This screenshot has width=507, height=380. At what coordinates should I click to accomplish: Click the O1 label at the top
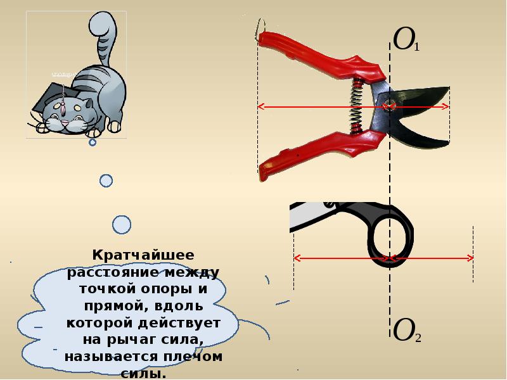[x=406, y=40]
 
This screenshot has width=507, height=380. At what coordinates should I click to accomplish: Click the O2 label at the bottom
[x=407, y=330]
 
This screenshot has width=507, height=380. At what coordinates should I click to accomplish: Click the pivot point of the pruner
[x=390, y=106]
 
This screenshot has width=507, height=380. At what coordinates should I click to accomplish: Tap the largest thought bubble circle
[x=122, y=225]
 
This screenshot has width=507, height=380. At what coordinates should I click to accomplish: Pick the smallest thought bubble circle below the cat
[x=93, y=142]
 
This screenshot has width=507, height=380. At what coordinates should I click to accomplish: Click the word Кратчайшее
[x=143, y=255]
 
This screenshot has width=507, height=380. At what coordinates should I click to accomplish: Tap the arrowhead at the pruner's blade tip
[x=446, y=106]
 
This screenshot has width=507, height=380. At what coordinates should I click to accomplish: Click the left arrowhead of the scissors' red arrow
[x=297, y=258]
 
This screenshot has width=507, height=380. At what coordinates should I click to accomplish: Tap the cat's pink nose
[x=65, y=123]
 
